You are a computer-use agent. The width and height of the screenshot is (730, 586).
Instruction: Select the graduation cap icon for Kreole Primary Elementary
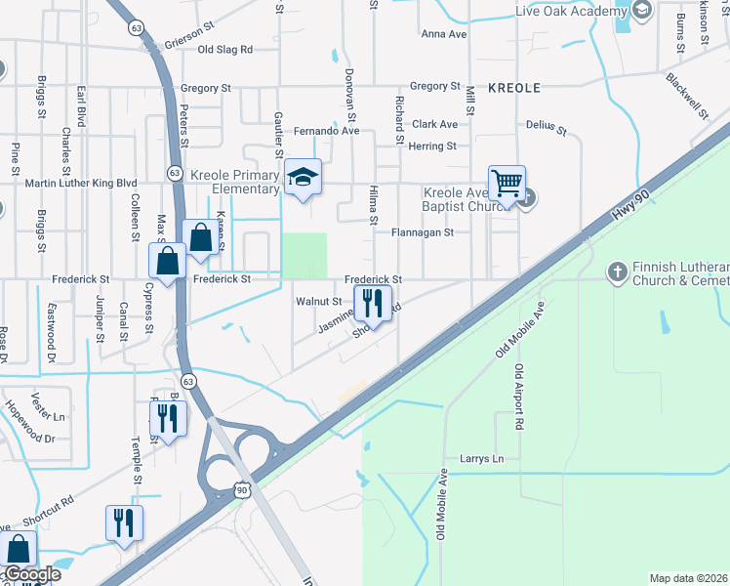click(303, 177)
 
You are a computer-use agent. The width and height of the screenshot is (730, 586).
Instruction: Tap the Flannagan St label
click(423, 232)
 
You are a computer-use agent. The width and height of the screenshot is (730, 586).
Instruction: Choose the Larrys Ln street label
click(482, 458)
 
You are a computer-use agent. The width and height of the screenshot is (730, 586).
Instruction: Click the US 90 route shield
click(241, 487)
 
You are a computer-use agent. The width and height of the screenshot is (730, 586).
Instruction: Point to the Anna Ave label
click(440, 34)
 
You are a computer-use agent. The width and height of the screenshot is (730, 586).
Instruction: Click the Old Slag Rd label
click(224, 49)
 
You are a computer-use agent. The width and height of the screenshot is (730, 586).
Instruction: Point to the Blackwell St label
click(687, 96)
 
